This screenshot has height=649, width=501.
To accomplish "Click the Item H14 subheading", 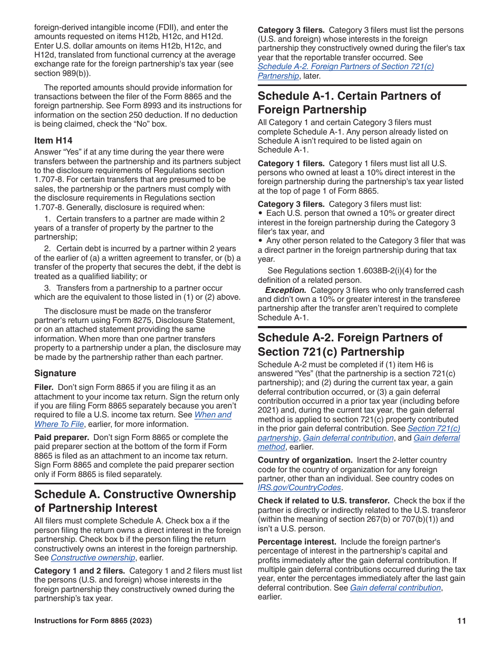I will [x=53, y=140].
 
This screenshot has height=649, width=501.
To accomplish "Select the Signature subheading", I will [x=55, y=373].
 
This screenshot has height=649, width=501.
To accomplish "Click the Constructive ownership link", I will [x=93, y=558].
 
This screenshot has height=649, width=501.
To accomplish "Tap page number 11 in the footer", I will [x=461, y=621].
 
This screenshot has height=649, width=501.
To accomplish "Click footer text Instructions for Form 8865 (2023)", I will [x=93, y=621].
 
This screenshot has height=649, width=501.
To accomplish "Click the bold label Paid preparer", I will [x=57, y=437].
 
